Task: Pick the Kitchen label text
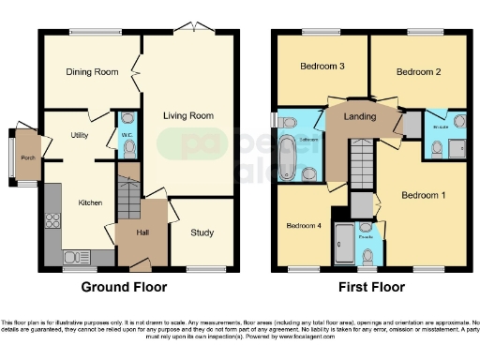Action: [90, 202]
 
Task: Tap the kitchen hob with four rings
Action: [52, 224]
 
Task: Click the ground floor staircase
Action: [129, 191]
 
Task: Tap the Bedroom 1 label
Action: [423, 196]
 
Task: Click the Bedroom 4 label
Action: [304, 226]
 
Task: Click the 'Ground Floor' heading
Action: [119, 288]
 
